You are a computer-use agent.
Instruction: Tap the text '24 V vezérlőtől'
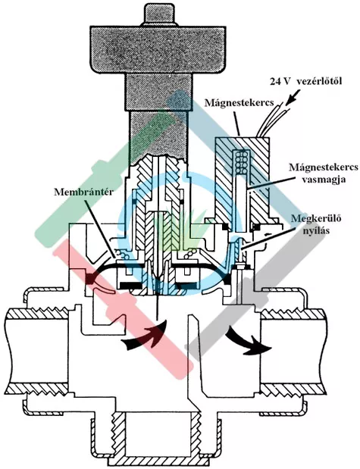coord(305,81)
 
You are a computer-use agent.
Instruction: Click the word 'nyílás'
coord(317,230)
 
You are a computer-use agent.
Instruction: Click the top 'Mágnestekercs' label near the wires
coord(239,102)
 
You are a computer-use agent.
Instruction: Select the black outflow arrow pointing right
coord(249,341)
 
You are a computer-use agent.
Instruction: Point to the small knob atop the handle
coord(159,14)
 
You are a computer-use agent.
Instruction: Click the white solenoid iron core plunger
coord(241,203)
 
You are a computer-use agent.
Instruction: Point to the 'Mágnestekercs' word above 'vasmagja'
coord(323,167)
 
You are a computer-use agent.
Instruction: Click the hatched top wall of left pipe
coord(36,313)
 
